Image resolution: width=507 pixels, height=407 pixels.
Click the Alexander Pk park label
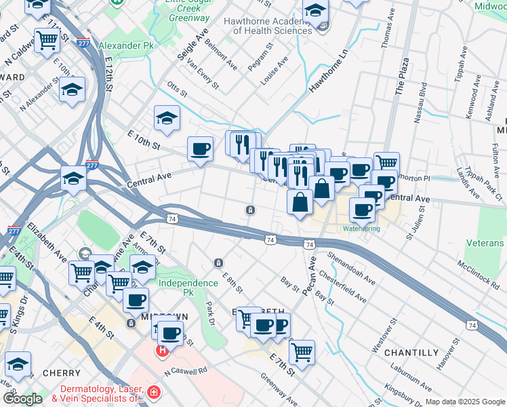click(x=127, y=45)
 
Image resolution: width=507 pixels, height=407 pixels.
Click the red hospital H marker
click(x=163, y=351)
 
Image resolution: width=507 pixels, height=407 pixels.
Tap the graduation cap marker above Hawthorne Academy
click(x=315, y=12)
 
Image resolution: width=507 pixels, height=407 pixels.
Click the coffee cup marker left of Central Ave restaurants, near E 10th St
click(x=200, y=149)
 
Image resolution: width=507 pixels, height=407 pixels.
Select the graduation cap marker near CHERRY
click(x=18, y=364)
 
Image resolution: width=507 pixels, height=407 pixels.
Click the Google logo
click(x=22, y=399)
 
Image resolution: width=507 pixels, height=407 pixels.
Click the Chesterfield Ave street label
click(x=342, y=287)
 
